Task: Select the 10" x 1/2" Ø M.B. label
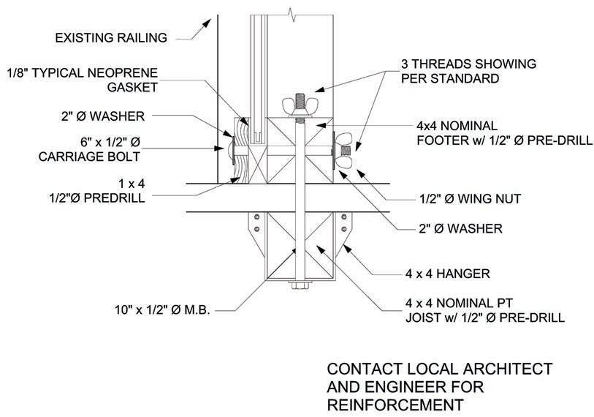157,310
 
